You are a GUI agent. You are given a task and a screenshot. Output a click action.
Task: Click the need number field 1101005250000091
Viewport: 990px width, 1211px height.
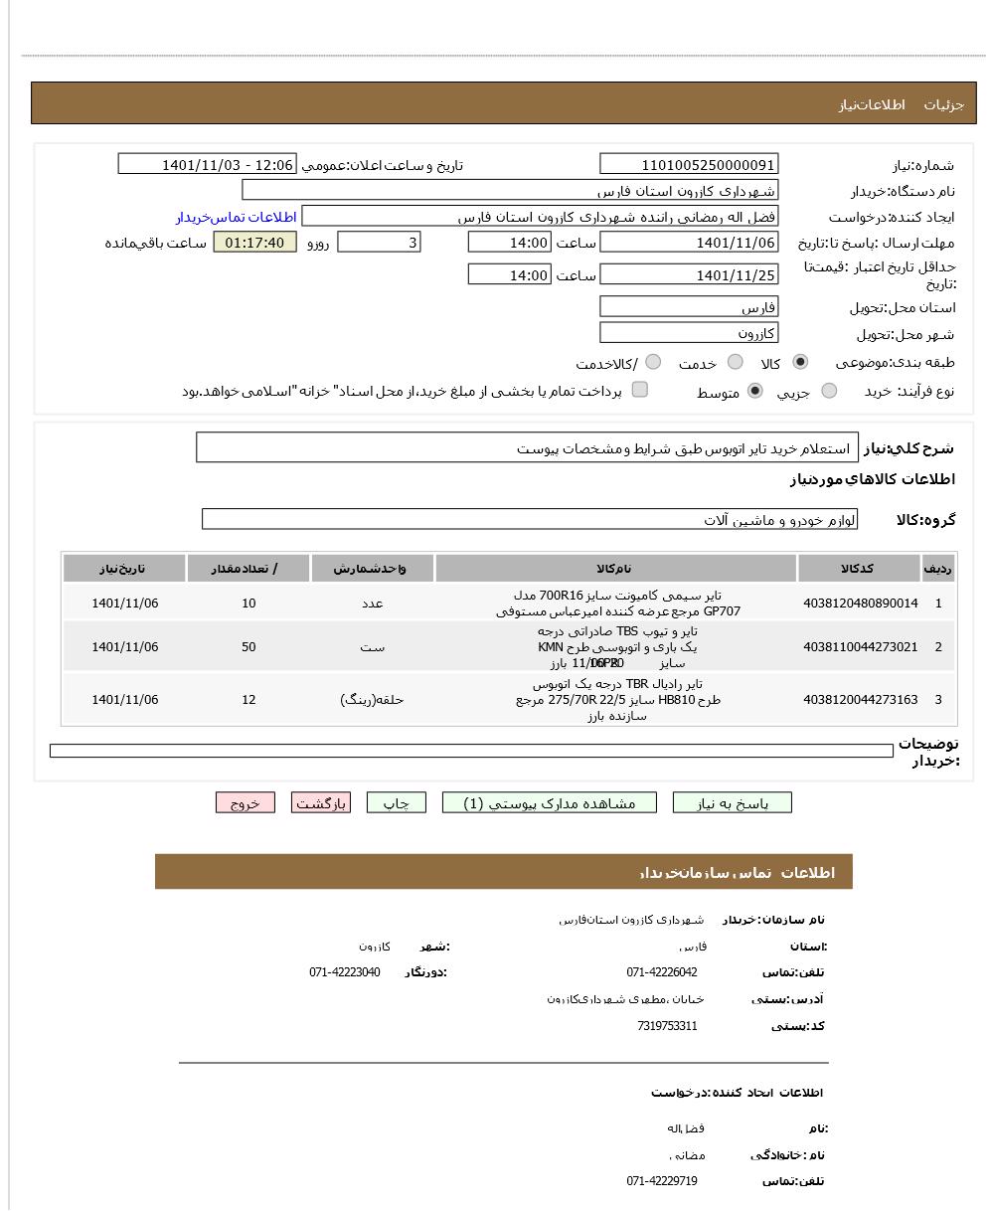point(689,165)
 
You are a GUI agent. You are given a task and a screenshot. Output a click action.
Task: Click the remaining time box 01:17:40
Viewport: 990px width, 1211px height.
point(254,243)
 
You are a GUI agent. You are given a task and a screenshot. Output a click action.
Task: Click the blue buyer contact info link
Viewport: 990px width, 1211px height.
point(237,217)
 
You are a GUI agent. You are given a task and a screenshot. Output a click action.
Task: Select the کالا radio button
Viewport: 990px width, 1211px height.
point(800,363)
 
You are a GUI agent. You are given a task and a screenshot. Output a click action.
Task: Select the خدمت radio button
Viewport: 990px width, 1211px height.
point(736,363)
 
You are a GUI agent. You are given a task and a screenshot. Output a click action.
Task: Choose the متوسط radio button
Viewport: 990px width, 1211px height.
point(755,392)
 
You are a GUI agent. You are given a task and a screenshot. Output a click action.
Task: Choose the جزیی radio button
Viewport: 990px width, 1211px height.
point(829,392)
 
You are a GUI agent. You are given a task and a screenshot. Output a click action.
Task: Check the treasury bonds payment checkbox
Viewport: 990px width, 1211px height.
point(640,390)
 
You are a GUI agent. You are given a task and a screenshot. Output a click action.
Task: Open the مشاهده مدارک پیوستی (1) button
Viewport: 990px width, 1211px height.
point(549,803)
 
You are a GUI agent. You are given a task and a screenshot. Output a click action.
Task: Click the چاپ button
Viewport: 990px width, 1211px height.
point(396,803)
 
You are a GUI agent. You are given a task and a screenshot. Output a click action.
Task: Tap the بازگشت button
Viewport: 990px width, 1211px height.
point(321,803)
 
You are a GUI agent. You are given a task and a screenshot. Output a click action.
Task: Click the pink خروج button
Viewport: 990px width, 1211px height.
point(245,803)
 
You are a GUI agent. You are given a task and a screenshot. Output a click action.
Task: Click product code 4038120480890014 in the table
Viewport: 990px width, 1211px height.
point(860,604)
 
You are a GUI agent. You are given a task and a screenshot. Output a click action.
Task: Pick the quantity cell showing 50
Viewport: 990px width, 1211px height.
point(248,647)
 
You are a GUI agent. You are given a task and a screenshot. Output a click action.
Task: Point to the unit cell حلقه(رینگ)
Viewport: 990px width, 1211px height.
point(372,700)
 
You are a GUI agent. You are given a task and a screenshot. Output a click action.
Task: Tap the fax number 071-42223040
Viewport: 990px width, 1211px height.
point(344,972)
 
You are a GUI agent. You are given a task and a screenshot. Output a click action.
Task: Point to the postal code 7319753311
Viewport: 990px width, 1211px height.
point(667,1026)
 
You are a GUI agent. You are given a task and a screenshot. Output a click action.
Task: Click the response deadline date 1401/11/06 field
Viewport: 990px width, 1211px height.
point(689,243)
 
